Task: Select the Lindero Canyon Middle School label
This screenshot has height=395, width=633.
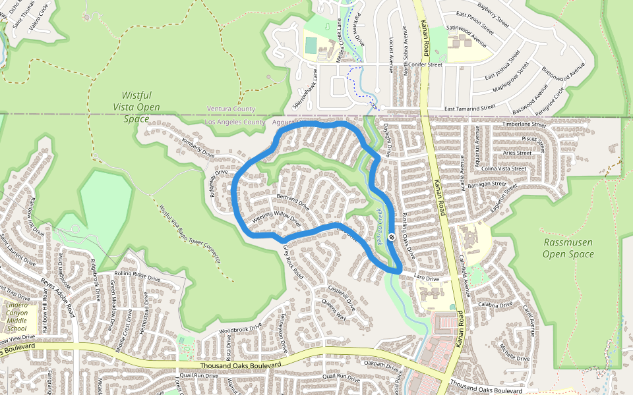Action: (x=16, y=317)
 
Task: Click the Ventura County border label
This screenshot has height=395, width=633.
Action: (x=231, y=109)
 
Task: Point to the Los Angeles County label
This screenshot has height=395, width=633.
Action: (x=235, y=122)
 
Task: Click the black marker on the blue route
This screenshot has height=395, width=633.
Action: (x=392, y=237)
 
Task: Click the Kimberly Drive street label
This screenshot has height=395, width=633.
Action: (x=198, y=148)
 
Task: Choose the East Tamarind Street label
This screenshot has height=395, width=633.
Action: (x=469, y=107)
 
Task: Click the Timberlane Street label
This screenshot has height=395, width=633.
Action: (x=524, y=124)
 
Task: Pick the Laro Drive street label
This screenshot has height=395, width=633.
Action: (x=426, y=279)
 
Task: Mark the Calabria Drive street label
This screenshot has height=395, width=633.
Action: (x=496, y=305)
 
